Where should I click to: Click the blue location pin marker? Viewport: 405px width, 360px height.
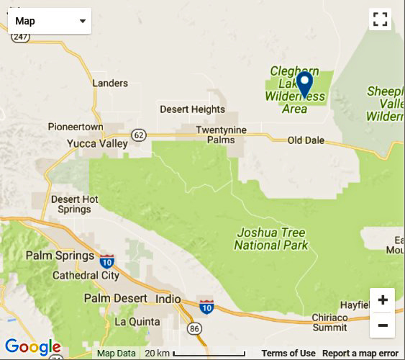304,84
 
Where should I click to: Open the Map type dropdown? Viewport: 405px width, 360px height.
50,21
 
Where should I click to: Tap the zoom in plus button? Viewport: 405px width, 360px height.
382,300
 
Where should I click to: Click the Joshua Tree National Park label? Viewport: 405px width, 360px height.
270,239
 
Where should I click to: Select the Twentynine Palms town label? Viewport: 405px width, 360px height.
222,134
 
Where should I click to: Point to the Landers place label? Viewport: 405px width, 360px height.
110,84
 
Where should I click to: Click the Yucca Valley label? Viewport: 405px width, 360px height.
97,143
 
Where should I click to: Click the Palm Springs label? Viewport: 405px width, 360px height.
60,256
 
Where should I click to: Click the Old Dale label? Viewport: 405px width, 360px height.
306,140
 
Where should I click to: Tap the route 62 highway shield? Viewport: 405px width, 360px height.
138,135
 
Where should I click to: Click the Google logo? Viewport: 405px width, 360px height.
32,348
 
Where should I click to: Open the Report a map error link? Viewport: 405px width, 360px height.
360,354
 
